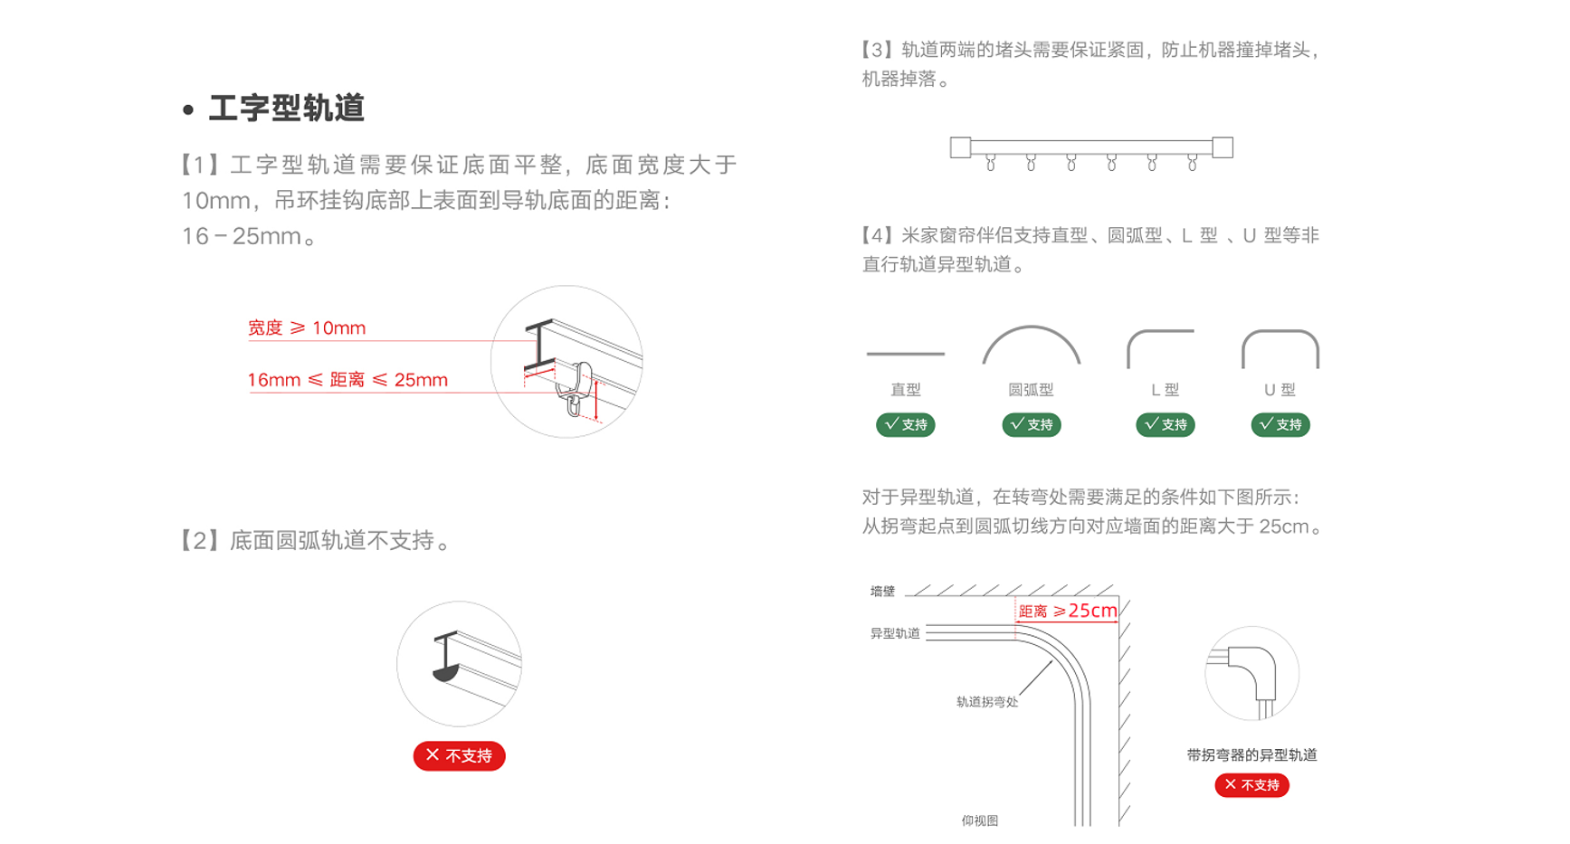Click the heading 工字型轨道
coord(286,109)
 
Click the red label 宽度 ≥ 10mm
coord(307,327)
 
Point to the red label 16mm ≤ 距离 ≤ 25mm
coord(347,380)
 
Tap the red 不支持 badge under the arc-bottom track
coord(459,755)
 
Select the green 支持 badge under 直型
coord(905,424)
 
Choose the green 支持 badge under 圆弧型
coord(1031,424)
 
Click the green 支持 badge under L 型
coord(1165,424)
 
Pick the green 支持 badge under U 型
coord(1280,424)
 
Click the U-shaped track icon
coord(1280,347)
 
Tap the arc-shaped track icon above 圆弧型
coord(1031,344)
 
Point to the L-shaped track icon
coord(1159,347)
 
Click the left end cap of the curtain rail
coord(960,147)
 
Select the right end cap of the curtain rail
coord(1223,147)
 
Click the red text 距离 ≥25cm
coord(1068,612)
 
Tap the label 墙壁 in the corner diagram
coord(882,592)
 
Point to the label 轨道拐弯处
coord(986,702)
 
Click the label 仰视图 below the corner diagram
coord(979,820)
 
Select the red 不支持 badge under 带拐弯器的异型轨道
coord(1251,785)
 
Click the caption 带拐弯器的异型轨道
coord(1251,755)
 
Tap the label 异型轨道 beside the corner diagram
coord(895,633)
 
